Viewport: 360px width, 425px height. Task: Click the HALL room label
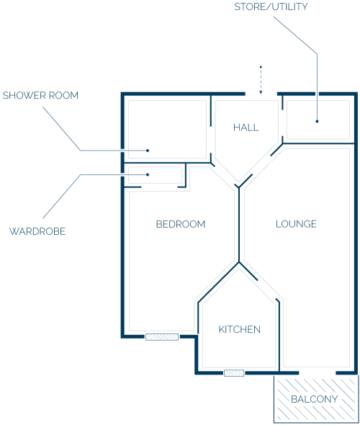[246, 127]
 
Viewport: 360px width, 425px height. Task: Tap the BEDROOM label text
[181, 224]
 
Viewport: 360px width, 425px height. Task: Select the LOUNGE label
[296, 224]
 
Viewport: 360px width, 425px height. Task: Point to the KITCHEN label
[240, 329]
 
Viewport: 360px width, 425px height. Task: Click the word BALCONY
[314, 399]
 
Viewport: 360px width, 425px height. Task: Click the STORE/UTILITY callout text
[271, 6]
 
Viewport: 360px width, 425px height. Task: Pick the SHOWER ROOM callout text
[40, 95]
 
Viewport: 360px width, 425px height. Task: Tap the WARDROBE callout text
[37, 231]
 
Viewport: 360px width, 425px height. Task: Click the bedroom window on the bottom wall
[162, 337]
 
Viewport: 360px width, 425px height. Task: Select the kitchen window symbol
[234, 373]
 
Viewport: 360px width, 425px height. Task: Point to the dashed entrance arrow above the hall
[261, 80]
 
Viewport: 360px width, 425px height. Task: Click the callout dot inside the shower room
[148, 151]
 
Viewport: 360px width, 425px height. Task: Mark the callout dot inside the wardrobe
[148, 174]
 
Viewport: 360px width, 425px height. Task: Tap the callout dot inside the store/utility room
[317, 121]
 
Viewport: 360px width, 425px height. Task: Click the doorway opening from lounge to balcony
[318, 373]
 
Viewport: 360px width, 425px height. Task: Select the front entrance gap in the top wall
[261, 94]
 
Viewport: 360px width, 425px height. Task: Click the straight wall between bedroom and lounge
[239, 225]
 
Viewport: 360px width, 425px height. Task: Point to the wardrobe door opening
[159, 187]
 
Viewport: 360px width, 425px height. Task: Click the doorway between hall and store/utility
[282, 123]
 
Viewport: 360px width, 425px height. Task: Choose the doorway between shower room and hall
[211, 140]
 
